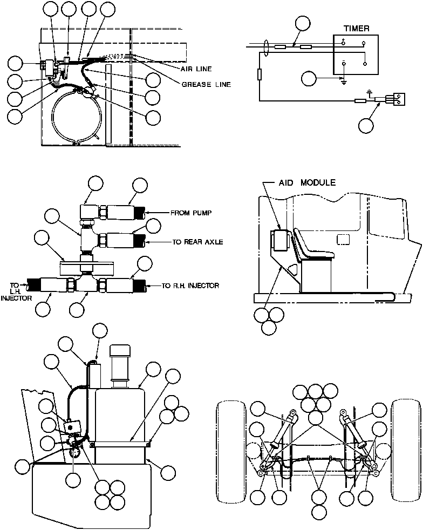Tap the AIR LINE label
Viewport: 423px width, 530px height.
coord(196,69)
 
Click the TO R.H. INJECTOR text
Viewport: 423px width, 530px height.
coord(190,286)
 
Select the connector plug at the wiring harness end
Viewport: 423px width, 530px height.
coord(393,99)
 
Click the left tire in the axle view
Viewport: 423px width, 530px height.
coord(230,441)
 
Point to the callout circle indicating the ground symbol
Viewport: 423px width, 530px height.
coord(309,78)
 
